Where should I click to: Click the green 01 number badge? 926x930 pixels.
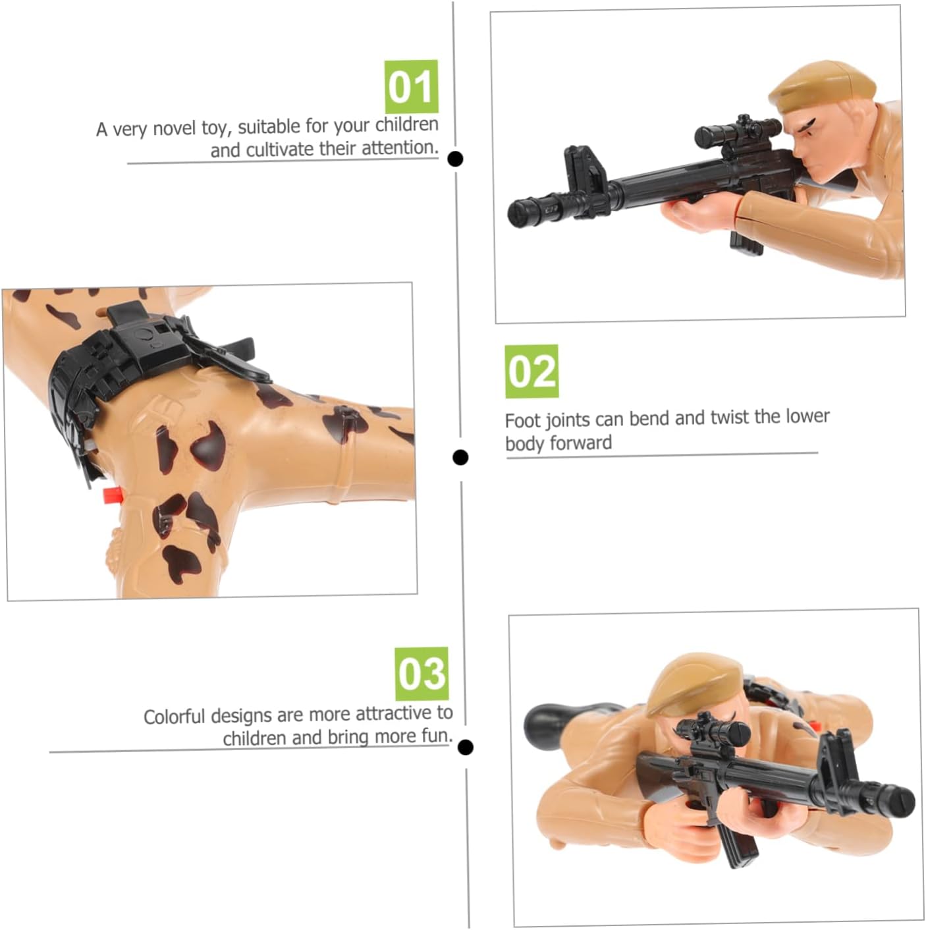[412, 87]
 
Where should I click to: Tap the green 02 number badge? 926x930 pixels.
[531, 371]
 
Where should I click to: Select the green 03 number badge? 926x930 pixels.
[422, 674]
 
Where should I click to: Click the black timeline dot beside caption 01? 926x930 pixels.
[455, 159]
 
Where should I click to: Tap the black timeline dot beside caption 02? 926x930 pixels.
[460, 457]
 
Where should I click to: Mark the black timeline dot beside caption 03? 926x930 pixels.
[466, 748]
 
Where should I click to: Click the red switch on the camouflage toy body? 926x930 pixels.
[113, 495]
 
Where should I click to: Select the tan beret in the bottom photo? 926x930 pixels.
[694, 684]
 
